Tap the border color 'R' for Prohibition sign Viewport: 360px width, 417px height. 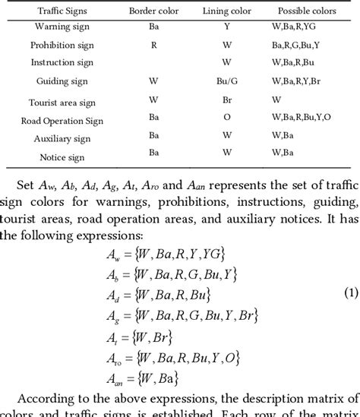click(153, 45)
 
